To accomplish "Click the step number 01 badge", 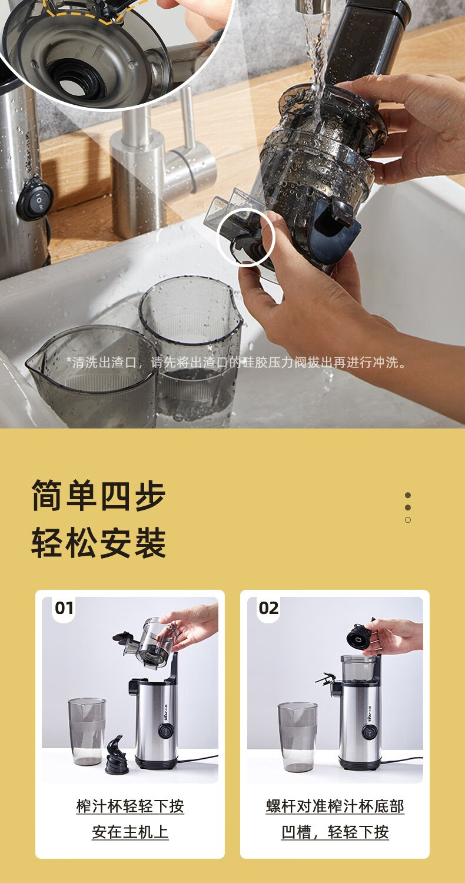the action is [x=64, y=608].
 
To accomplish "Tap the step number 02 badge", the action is [x=268, y=608].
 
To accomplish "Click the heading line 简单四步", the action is [x=98, y=496].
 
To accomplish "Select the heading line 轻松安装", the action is [x=98, y=543].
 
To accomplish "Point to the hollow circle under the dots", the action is [x=408, y=520].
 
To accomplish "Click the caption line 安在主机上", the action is [x=130, y=832].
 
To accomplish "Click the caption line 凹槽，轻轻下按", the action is [x=335, y=832].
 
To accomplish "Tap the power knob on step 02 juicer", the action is [x=369, y=732].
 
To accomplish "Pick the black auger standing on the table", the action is [x=117, y=754].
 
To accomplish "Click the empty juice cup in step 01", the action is [x=87, y=731].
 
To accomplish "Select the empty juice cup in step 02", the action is [x=297, y=736].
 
